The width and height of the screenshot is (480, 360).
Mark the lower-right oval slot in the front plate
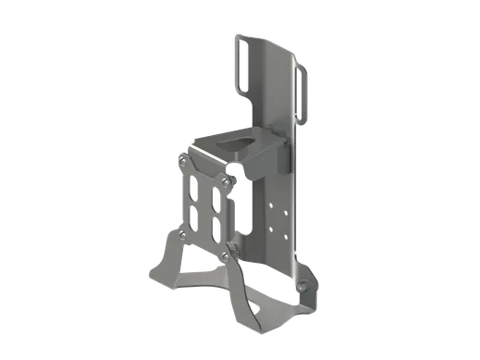pos(214,230)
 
